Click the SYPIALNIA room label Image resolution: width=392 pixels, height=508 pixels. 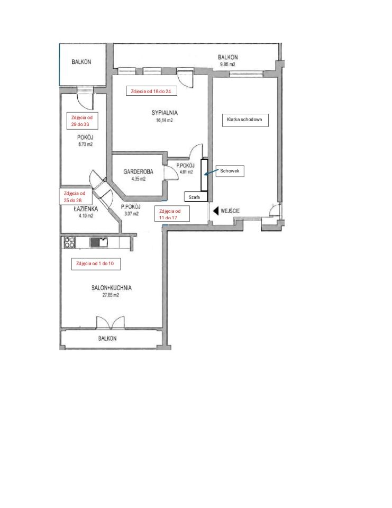pos(164,113)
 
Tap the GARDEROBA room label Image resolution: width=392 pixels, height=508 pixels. pos(138,171)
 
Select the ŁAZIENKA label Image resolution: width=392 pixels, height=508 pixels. pos(86,209)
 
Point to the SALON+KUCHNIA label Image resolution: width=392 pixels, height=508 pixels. pos(112,288)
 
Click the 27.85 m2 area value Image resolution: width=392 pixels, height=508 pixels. pos(111,295)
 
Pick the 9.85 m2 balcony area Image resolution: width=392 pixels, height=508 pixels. pos(227,64)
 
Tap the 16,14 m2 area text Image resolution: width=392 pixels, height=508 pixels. pos(164,120)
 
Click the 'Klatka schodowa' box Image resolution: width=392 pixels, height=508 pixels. pos(245,120)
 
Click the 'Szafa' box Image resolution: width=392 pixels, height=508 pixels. pos(195,197)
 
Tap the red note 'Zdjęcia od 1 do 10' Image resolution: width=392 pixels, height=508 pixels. pos(96,264)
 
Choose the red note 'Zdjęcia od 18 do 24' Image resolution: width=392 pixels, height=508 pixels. pos(152,92)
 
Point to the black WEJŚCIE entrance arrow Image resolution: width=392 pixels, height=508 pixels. pos(215,211)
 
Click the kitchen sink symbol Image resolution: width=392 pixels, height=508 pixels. pos(98,242)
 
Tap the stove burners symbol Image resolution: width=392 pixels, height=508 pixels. pos(70,243)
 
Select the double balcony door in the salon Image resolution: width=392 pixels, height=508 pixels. pos(111,323)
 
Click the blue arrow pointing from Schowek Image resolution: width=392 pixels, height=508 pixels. pos(211,173)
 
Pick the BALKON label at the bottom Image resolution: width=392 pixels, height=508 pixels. pos(107,339)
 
